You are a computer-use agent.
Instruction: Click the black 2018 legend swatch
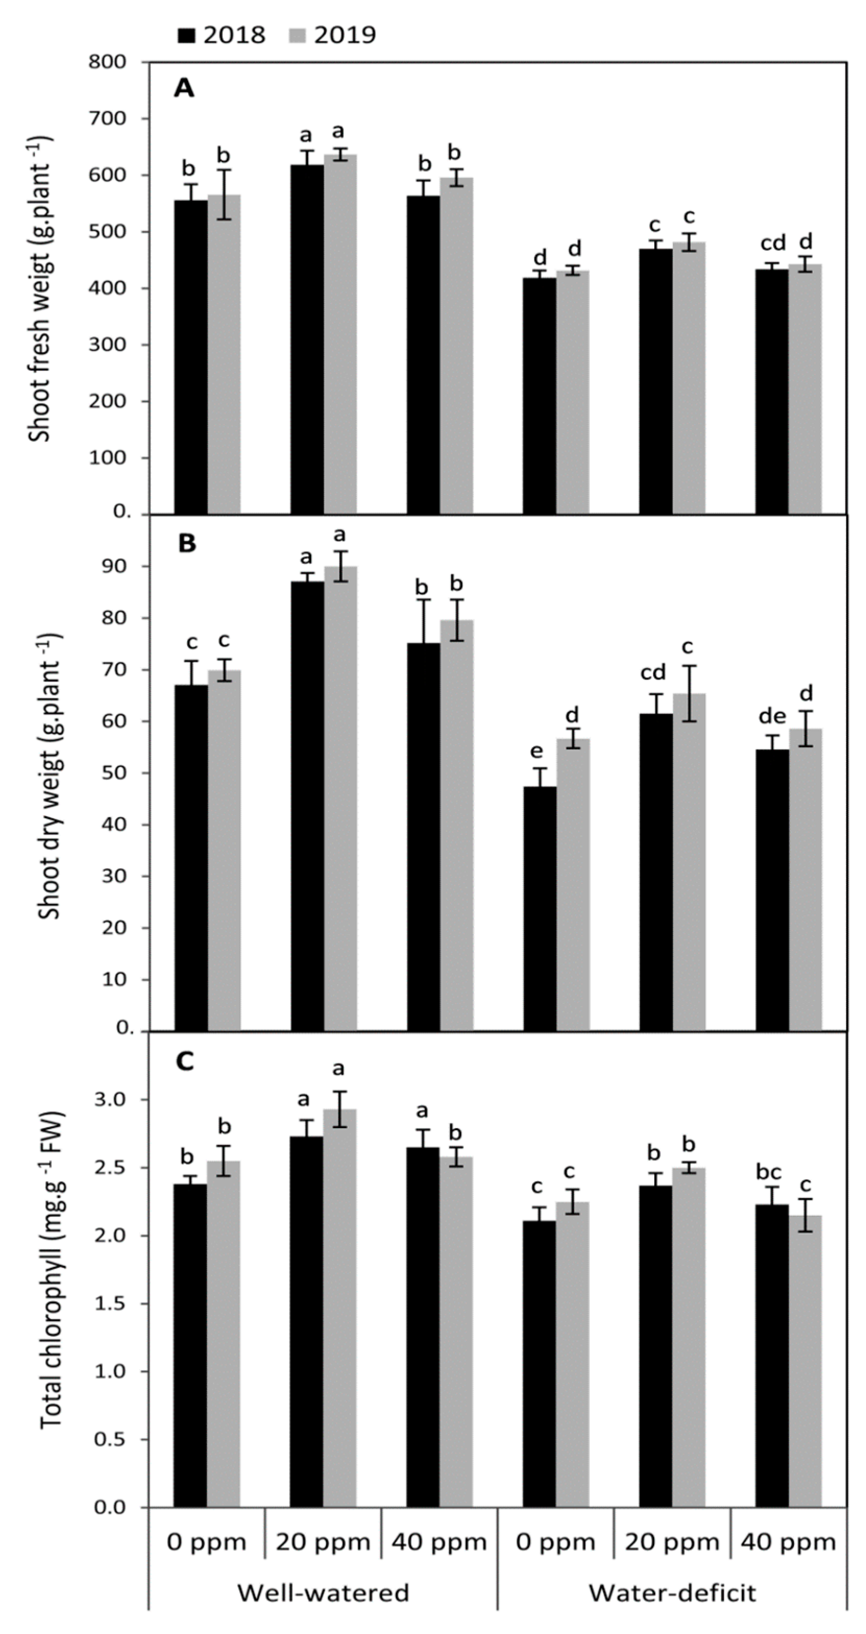[x=187, y=35]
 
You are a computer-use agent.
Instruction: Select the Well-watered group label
[x=323, y=1592]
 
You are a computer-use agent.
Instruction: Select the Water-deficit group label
[x=673, y=1592]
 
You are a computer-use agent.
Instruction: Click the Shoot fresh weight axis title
[x=41, y=288]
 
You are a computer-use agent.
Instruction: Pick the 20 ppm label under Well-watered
[x=323, y=1541]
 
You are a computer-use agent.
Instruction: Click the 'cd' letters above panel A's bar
[x=773, y=243]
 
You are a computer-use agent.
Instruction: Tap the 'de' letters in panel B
[x=772, y=716]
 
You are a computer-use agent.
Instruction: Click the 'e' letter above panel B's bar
[x=537, y=752]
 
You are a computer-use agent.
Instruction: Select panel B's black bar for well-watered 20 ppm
[x=307, y=806]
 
